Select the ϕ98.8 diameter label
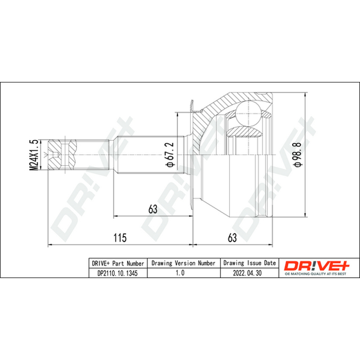pyautogui.click(x=299, y=154)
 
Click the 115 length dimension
pyautogui.click(x=120, y=238)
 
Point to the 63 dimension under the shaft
pyautogui.click(x=153, y=209)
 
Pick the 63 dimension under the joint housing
pyautogui.click(x=232, y=238)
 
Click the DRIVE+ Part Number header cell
pyautogui.click(x=118, y=263)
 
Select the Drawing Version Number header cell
pyautogui.click(x=184, y=263)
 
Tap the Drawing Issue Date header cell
pyautogui.click(x=250, y=263)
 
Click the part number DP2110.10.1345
pyautogui.click(x=117, y=273)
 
